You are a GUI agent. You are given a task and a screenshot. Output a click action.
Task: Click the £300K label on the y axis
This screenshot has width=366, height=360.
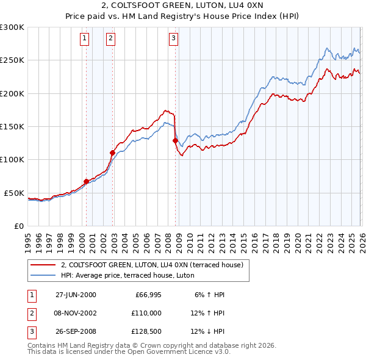(x=12, y=27)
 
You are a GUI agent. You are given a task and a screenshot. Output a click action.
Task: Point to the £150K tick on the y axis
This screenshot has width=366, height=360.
(x=12, y=126)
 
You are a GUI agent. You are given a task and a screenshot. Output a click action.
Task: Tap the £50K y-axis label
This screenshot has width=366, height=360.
(x=14, y=193)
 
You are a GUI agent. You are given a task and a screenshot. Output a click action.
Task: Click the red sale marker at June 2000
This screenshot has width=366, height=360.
(x=86, y=181)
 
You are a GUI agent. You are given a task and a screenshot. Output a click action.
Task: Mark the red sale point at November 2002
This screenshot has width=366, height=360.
(x=112, y=153)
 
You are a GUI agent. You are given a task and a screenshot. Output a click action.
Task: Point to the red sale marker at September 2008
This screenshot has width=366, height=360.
(x=175, y=140)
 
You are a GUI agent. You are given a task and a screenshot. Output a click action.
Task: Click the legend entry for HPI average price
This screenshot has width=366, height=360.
(x=127, y=275)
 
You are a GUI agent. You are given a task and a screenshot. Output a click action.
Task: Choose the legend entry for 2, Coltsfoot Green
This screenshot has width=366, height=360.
(x=152, y=265)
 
